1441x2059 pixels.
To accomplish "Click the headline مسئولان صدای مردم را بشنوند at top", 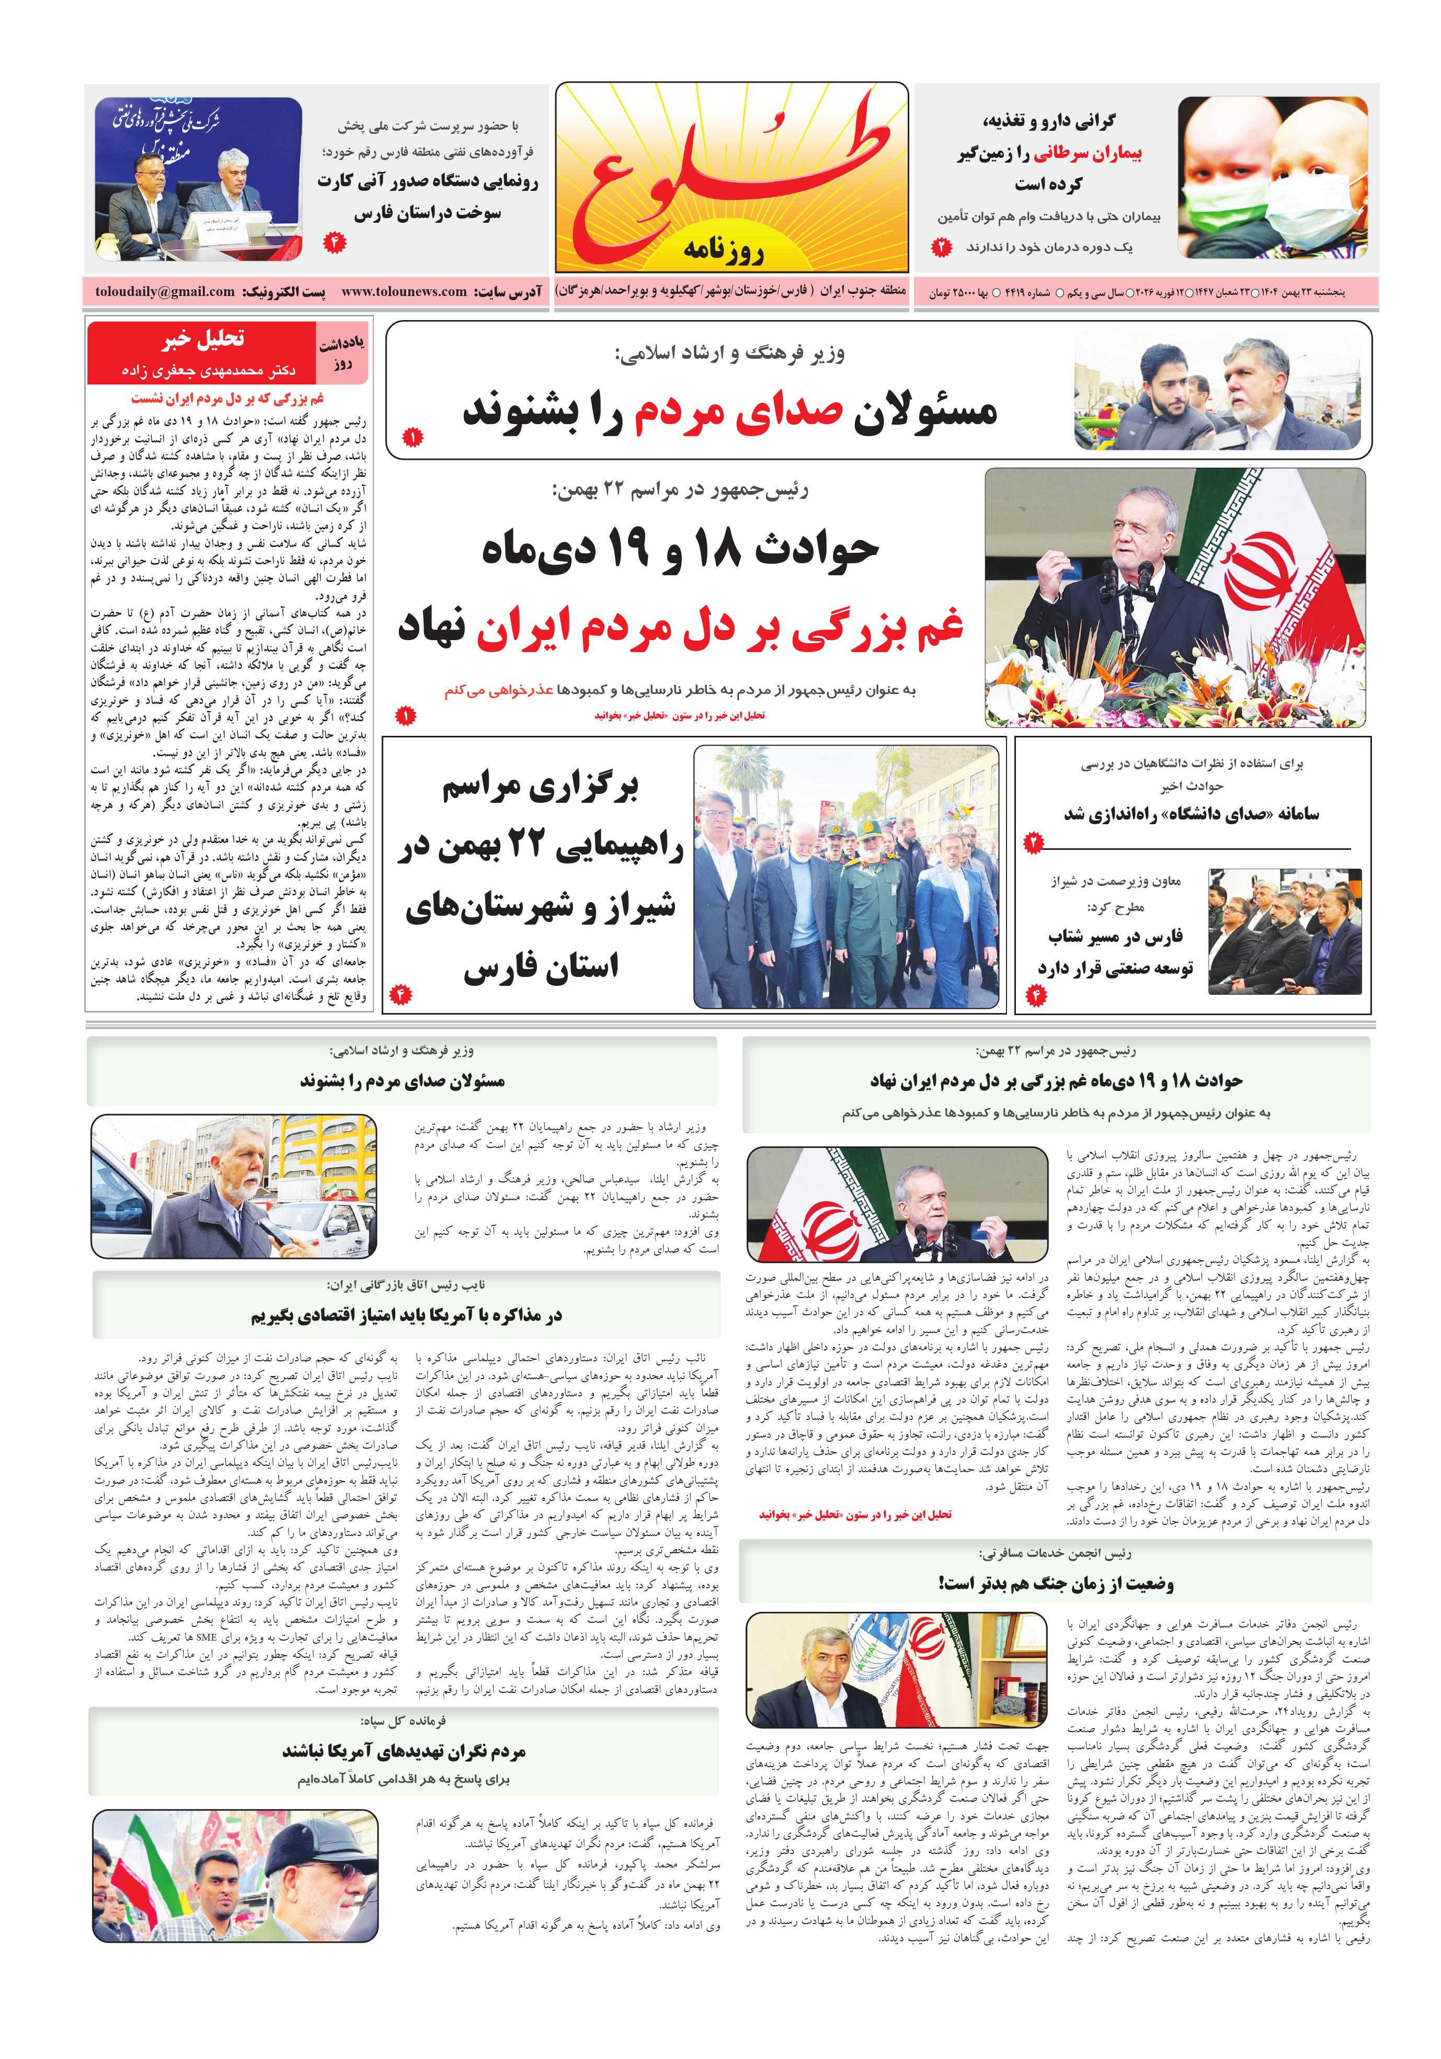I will (729, 412).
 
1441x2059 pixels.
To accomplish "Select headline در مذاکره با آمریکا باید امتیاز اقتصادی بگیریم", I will (405, 1315).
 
